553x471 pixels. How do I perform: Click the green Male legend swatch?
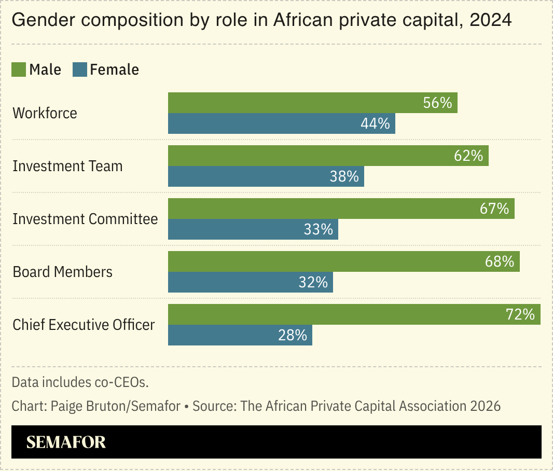click(x=19, y=70)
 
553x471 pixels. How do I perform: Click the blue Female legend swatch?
click(x=79, y=70)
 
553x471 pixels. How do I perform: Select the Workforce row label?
click(x=45, y=113)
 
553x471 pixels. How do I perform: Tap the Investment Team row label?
click(x=67, y=166)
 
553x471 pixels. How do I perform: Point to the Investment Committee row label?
click(x=85, y=219)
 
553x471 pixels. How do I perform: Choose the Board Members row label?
click(x=62, y=272)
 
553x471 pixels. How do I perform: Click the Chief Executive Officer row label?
click(x=84, y=325)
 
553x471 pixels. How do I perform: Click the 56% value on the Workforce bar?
click(x=437, y=103)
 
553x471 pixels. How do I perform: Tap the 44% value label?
click(x=375, y=123)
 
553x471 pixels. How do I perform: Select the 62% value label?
click(x=468, y=156)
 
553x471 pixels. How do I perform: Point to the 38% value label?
click(x=344, y=176)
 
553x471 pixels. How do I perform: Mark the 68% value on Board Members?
click(x=500, y=261)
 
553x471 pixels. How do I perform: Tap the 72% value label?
click(x=520, y=314)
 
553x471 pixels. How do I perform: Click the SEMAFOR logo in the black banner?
click(x=66, y=442)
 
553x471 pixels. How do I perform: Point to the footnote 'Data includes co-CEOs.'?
click(x=80, y=382)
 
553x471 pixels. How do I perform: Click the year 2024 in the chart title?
click(x=490, y=21)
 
